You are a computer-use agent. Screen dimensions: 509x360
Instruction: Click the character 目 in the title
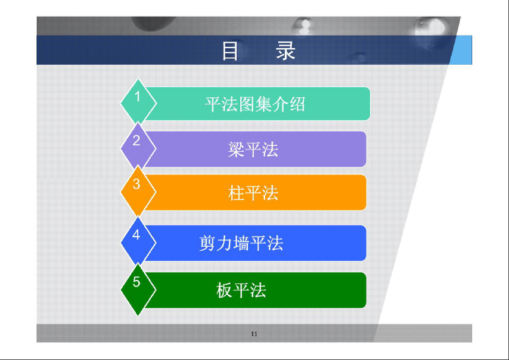click(x=230, y=51)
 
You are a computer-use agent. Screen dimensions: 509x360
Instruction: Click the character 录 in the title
click(x=286, y=51)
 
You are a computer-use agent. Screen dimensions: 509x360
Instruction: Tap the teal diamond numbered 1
click(x=138, y=102)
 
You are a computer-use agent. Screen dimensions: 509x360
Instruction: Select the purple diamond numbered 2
click(x=138, y=147)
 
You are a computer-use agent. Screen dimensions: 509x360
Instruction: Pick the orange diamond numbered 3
click(x=138, y=192)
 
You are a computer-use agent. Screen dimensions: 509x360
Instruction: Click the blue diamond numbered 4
click(x=138, y=242)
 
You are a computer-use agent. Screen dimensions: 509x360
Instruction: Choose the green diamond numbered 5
click(x=138, y=289)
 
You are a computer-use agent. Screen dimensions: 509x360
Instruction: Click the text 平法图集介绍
click(x=255, y=104)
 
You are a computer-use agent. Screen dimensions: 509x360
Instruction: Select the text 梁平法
click(x=253, y=149)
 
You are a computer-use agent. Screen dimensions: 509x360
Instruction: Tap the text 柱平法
click(x=253, y=193)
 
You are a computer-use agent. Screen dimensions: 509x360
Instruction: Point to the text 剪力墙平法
click(x=241, y=243)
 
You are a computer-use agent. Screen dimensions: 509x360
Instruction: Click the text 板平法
click(x=241, y=290)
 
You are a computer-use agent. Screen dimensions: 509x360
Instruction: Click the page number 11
click(x=254, y=334)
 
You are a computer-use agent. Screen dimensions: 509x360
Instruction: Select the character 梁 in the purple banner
click(x=236, y=149)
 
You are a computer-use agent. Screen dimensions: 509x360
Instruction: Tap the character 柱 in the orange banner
click(x=236, y=193)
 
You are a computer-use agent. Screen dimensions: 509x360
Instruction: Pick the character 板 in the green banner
click(x=224, y=290)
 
